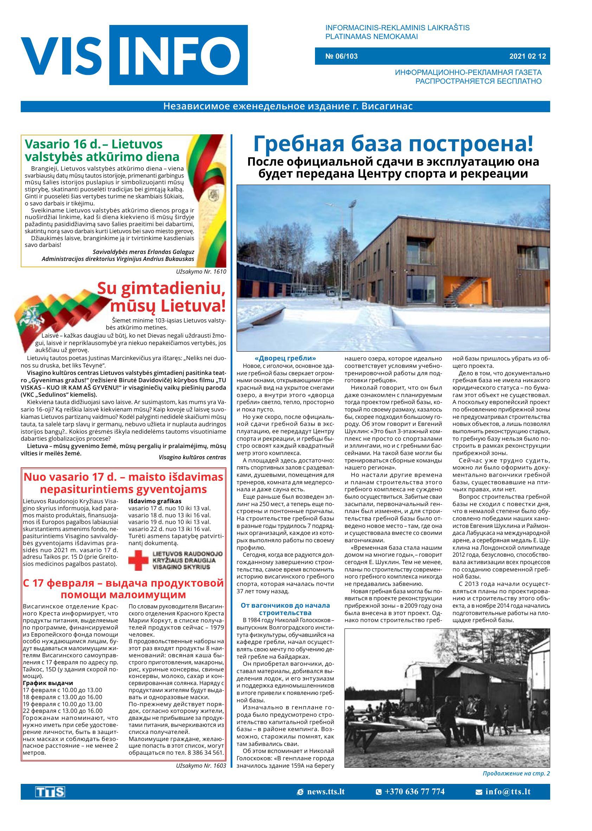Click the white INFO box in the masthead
point(178,55)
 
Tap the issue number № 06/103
point(341,56)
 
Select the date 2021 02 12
point(527,56)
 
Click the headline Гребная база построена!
point(393,144)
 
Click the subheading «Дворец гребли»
point(285,358)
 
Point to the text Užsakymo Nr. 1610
point(201,271)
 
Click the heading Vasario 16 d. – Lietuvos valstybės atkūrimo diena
point(102,150)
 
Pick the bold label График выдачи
point(48,683)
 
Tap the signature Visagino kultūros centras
point(192,457)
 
